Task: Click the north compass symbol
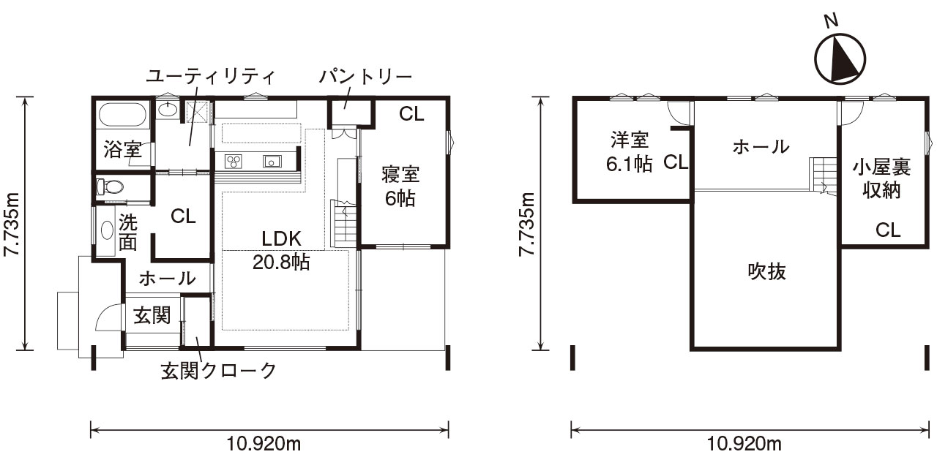click(840, 58)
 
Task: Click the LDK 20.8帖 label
click(281, 250)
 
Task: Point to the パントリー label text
click(365, 76)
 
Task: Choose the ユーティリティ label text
click(210, 76)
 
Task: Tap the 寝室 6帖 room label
click(400, 186)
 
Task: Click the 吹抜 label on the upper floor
click(766, 271)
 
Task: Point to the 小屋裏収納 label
click(881, 179)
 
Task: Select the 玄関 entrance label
click(152, 315)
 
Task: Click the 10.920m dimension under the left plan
click(269, 444)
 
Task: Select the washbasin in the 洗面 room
click(108, 231)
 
